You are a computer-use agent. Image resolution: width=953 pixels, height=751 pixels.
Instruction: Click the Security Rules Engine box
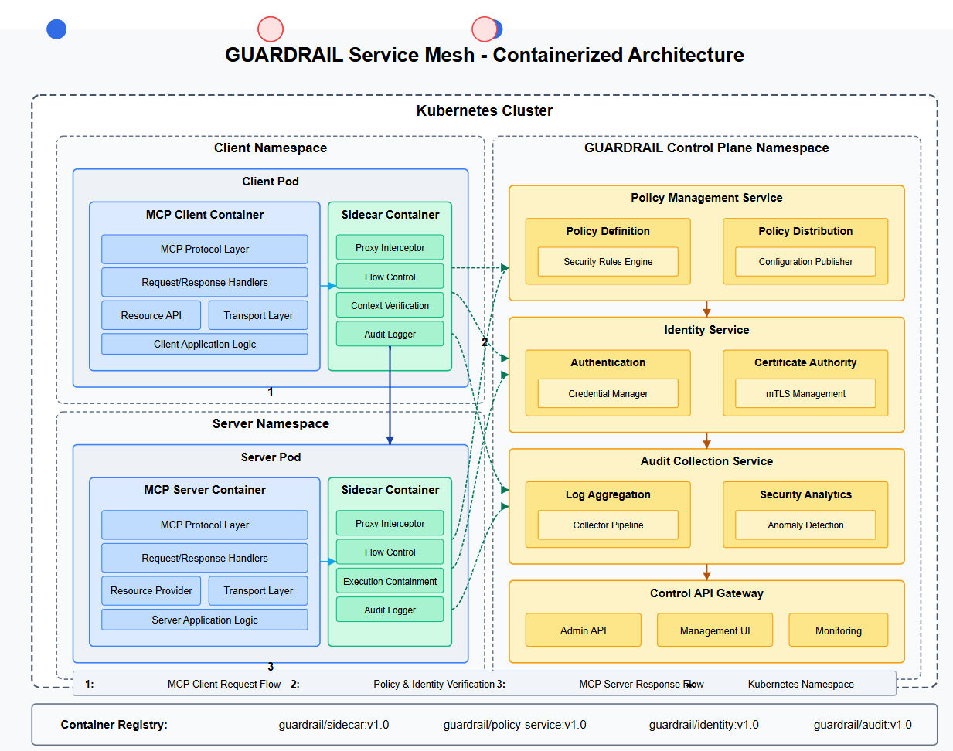click(608, 261)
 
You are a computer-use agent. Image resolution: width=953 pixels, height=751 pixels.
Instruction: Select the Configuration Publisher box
click(805, 261)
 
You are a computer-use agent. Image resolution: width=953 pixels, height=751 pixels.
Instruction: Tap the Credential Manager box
click(608, 393)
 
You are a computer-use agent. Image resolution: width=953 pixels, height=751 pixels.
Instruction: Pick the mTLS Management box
click(805, 393)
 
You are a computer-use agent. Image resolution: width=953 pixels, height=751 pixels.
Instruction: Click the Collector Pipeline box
click(608, 525)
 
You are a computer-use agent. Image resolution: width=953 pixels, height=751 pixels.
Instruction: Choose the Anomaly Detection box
click(805, 525)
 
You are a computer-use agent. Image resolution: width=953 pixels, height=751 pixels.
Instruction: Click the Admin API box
click(583, 630)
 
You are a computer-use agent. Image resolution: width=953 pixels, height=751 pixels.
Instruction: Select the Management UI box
click(714, 630)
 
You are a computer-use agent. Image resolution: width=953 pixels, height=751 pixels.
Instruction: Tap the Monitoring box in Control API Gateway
click(838, 630)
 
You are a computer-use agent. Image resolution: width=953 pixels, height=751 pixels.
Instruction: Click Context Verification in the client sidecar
click(390, 305)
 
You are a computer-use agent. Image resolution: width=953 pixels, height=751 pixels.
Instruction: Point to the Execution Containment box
click(390, 581)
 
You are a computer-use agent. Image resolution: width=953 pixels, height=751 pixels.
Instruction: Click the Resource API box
click(151, 315)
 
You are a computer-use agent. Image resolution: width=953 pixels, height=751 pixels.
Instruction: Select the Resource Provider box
click(151, 590)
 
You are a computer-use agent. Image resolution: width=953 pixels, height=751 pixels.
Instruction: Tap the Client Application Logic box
click(204, 344)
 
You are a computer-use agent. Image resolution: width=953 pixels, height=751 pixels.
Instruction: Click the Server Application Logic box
click(204, 620)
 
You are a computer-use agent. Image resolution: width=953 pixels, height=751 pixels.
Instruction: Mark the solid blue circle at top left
click(56, 29)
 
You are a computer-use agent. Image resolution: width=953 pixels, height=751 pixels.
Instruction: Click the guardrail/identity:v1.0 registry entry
click(703, 725)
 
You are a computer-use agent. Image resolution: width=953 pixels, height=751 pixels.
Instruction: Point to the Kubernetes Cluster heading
click(484, 110)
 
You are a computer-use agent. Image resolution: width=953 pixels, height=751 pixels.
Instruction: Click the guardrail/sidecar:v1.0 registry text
click(333, 725)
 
